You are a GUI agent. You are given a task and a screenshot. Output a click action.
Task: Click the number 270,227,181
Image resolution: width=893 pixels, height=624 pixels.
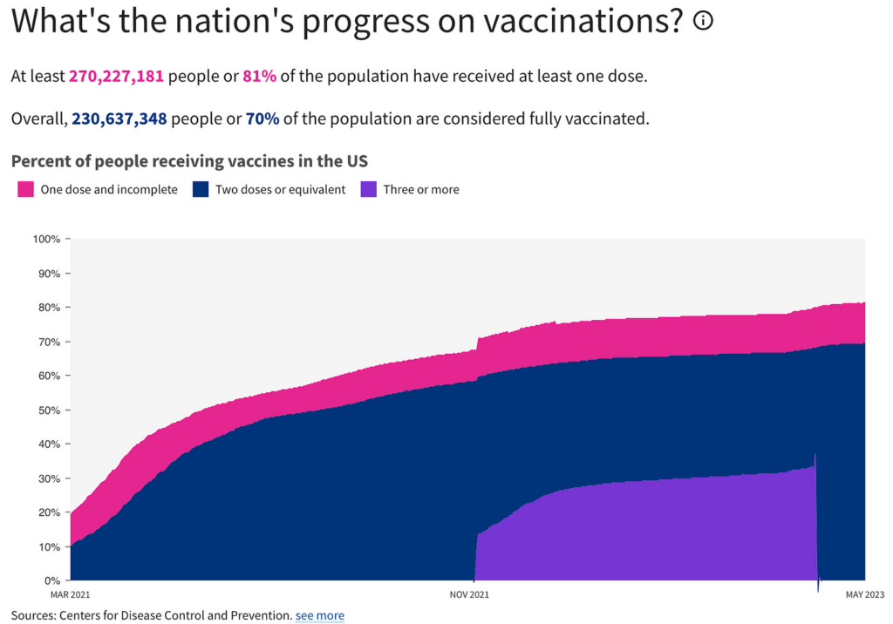pos(116,76)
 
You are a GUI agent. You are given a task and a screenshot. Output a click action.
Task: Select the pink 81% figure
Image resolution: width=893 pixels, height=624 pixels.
pos(260,76)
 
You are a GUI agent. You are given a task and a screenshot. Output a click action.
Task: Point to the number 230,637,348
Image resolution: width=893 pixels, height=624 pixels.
pos(119,119)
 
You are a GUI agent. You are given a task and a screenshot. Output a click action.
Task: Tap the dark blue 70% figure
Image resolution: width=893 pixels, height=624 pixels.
pos(262,119)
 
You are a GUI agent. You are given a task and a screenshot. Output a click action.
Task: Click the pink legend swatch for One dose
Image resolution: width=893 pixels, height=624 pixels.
pos(26,189)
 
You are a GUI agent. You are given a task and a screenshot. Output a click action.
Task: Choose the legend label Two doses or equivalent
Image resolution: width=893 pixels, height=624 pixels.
pos(280,189)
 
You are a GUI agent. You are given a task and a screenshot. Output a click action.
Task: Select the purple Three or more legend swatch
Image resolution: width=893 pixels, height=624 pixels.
pos(368,189)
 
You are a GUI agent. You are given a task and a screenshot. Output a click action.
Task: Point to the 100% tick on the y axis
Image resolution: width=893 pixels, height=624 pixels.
pos(46,239)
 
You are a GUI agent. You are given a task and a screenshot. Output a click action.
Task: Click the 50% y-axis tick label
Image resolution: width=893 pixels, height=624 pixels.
pos(49,410)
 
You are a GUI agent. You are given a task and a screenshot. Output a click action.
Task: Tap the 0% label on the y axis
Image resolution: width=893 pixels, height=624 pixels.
pos(52,580)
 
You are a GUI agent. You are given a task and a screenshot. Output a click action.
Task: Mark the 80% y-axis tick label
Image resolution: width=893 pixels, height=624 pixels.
pos(49,308)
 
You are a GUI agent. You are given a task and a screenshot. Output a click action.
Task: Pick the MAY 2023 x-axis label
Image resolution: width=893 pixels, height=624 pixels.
pos(863,595)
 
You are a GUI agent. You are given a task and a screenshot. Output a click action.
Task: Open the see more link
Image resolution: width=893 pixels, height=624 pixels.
pos(319,615)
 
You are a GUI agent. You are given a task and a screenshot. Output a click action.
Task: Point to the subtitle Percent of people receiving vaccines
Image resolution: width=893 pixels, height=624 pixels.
pos(189,161)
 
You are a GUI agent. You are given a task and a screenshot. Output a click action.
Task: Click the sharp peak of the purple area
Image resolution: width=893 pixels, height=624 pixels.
pos(815,455)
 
